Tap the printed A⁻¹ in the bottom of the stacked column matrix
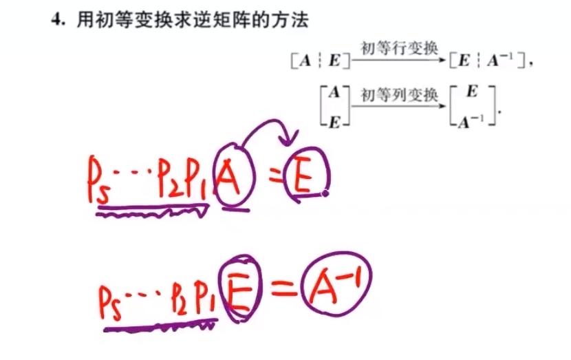click(471, 121)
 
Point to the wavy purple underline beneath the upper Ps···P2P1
click(151, 214)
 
